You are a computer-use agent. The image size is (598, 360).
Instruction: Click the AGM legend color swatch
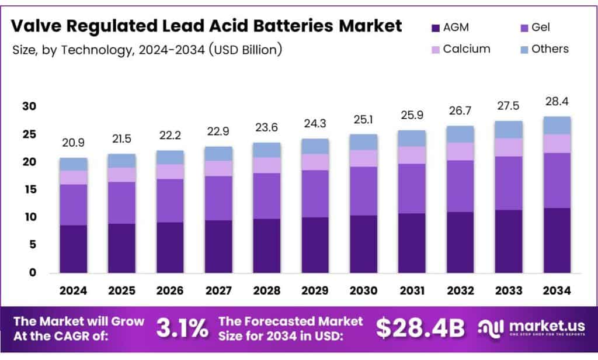[x=434, y=27]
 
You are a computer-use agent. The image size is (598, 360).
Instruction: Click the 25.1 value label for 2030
[x=363, y=120]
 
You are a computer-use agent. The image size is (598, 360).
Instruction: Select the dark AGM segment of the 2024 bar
[x=73, y=248]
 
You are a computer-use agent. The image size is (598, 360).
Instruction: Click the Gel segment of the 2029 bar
[x=315, y=193]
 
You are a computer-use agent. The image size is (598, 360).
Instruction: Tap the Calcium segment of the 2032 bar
[x=460, y=151]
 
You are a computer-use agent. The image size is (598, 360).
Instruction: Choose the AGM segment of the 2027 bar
[x=218, y=246]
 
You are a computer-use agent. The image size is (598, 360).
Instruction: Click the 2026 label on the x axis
[x=170, y=290]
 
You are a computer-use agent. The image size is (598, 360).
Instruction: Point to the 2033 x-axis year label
[x=509, y=290]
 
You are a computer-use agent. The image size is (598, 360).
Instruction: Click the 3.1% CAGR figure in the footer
[x=182, y=328]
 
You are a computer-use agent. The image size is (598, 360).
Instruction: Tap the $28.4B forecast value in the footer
[x=420, y=328]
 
